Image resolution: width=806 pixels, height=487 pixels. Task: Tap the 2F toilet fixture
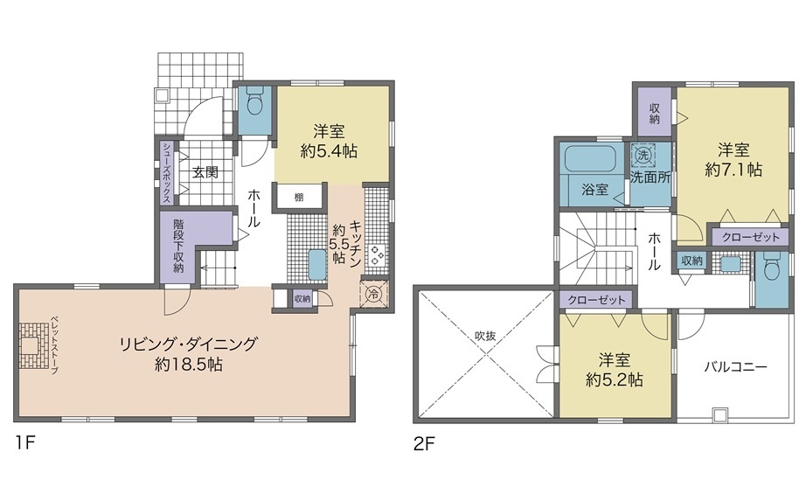pos(773,265)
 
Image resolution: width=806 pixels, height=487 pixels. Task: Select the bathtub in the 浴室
pos(589,159)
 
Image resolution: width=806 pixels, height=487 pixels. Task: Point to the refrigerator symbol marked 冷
pos(373,295)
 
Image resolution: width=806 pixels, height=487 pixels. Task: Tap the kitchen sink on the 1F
pos(316,265)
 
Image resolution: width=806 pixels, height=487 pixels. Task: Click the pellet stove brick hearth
pos(32,345)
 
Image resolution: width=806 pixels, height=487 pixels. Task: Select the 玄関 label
pos(205,172)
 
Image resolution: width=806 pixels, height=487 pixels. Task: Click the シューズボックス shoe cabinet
pos(167,173)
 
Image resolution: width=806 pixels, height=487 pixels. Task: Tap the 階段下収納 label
pos(178,246)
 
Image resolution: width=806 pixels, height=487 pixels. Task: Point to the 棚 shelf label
pos(299,197)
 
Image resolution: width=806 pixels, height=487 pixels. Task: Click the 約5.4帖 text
pos(329,152)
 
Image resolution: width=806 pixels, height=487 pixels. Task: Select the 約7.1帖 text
pos(733,170)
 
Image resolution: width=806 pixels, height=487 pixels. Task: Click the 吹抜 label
pos(484,337)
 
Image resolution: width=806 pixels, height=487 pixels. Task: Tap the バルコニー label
pos(735,366)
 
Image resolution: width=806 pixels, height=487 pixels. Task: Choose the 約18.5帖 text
pos(188,365)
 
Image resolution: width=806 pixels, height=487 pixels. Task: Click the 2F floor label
pos(425,443)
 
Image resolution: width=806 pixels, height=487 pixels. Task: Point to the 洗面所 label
pos(650,177)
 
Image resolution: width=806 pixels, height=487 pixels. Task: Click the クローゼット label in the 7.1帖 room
pos(750,237)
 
